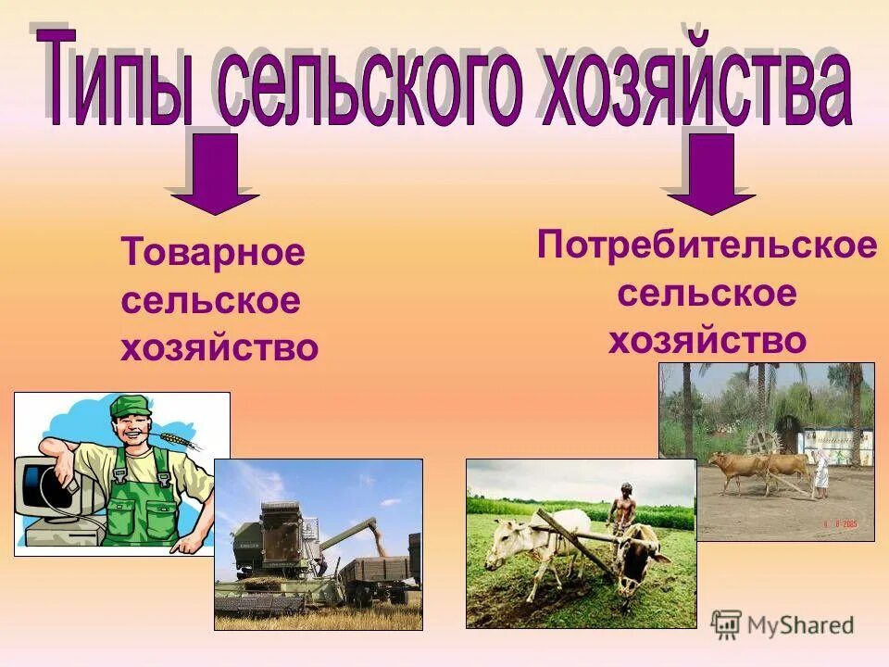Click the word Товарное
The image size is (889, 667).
(213, 252)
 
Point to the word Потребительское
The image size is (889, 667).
(707, 246)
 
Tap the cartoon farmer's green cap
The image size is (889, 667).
(130, 406)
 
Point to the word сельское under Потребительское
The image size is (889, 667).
(707, 295)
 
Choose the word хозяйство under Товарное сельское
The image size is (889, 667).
(219, 348)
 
